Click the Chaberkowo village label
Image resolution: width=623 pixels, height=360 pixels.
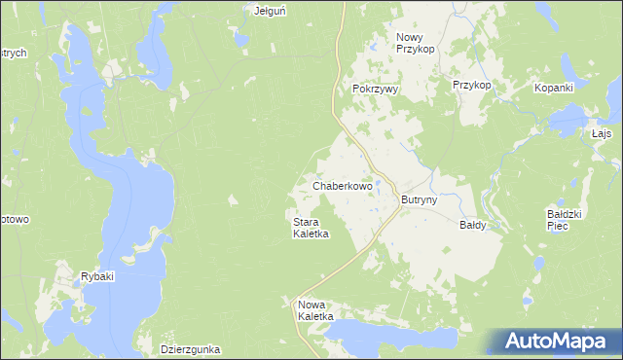tap(342, 185)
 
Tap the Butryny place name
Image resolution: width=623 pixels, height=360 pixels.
tap(420, 199)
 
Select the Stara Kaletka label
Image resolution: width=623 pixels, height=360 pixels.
tap(311, 228)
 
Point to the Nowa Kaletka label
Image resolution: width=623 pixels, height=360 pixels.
tap(315, 310)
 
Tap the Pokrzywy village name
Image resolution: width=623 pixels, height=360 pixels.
tap(376, 88)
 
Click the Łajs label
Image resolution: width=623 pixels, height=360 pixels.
tap(601, 133)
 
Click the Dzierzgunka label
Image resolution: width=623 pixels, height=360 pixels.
tap(190, 348)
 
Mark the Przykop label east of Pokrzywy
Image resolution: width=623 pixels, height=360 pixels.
tap(471, 85)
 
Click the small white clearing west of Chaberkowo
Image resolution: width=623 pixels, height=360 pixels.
tap(234, 200)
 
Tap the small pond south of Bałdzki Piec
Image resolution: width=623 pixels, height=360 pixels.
tap(536, 264)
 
